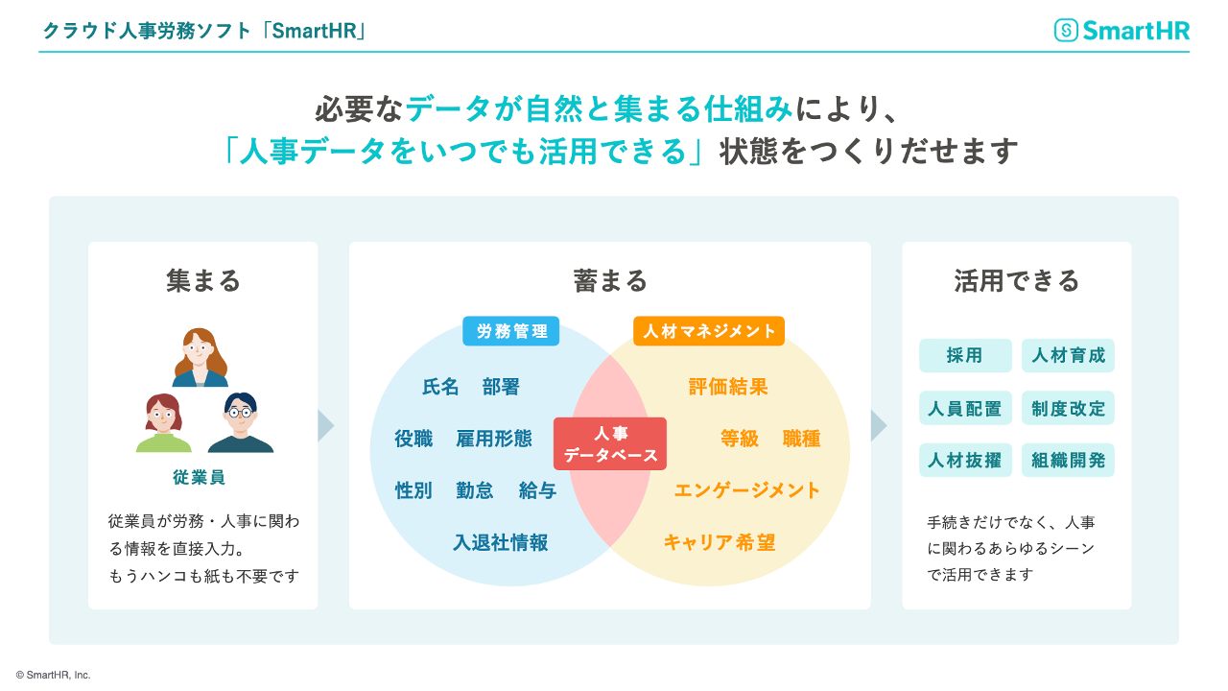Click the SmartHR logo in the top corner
tap(1122, 31)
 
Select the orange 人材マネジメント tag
tap(709, 331)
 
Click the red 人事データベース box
tap(610, 443)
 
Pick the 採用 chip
tap(965, 355)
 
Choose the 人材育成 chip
tap(1068, 355)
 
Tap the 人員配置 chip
tap(965, 408)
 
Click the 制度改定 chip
tap(1068, 408)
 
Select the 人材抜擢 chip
tap(965, 460)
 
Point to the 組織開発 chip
tap(1068, 460)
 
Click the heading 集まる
tap(202, 280)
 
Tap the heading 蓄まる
tap(610, 280)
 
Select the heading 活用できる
tap(1017, 280)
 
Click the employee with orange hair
tap(201, 357)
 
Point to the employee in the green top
tap(163, 423)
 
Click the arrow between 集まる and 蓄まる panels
tap(326, 425)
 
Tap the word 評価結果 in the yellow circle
tap(728, 387)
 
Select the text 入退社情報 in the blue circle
tap(501, 542)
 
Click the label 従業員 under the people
tap(200, 477)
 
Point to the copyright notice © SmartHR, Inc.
tap(54, 675)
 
